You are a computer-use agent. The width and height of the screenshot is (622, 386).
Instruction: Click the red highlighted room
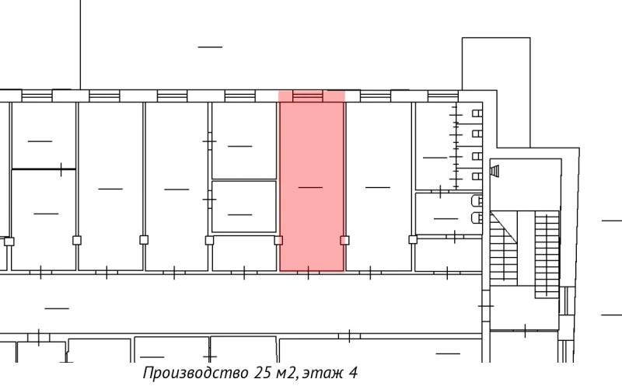coord(311,186)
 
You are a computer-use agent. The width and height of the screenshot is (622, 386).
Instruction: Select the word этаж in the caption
coord(318,372)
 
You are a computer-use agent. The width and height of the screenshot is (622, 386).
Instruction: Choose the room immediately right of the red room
coord(378,186)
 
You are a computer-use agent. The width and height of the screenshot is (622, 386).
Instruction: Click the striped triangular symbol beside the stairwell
coord(495,170)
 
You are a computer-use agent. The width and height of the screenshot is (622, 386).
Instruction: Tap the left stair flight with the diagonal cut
coord(503,249)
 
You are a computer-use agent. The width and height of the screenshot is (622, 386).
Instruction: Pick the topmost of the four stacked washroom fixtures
coord(477,114)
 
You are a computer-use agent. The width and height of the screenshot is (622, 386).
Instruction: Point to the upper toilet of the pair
coord(477,200)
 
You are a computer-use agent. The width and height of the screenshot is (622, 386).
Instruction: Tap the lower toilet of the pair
coord(477,218)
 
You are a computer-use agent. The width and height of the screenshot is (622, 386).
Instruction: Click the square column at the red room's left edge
coord(278,240)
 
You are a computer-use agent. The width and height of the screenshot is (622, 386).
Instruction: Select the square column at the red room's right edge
coord(344,240)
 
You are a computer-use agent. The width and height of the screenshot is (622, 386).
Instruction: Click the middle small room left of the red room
coord(243,207)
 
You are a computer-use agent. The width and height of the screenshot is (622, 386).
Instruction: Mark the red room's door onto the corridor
coord(309,272)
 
